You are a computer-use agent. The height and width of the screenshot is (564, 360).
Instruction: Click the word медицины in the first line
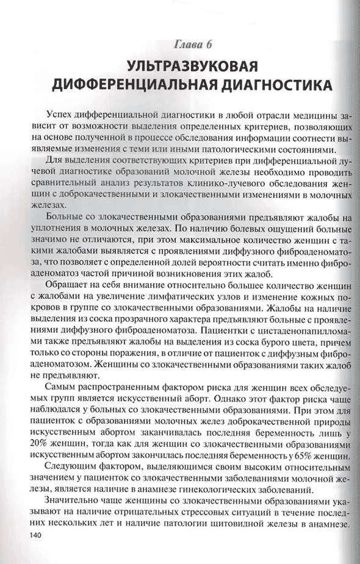(309, 114)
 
